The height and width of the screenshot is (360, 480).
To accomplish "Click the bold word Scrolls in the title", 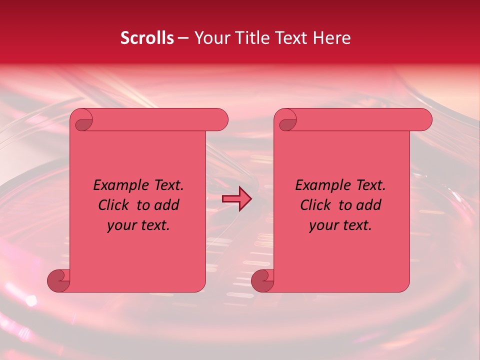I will (x=147, y=38).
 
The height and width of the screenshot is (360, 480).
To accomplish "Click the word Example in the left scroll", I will (x=116, y=185).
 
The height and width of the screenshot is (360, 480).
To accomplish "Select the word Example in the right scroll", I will (x=318, y=185).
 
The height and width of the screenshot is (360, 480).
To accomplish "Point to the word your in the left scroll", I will (x=121, y=225).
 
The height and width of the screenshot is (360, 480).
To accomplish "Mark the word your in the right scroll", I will (x=323, y=225).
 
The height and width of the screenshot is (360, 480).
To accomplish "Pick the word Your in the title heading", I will (x=210, y=38).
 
